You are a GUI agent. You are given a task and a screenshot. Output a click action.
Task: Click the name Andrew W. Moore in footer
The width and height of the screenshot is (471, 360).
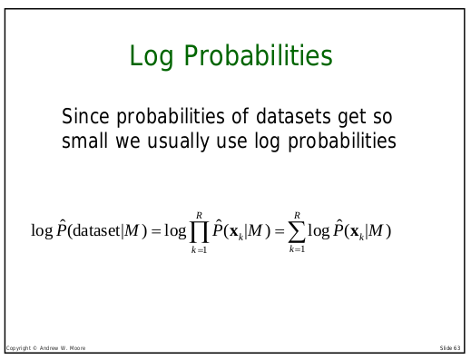click(60, 348)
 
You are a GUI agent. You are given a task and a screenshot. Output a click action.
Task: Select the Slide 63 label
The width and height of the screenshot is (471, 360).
click(450, 348)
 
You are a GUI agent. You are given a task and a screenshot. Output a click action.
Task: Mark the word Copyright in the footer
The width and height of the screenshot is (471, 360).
click(17, 348)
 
